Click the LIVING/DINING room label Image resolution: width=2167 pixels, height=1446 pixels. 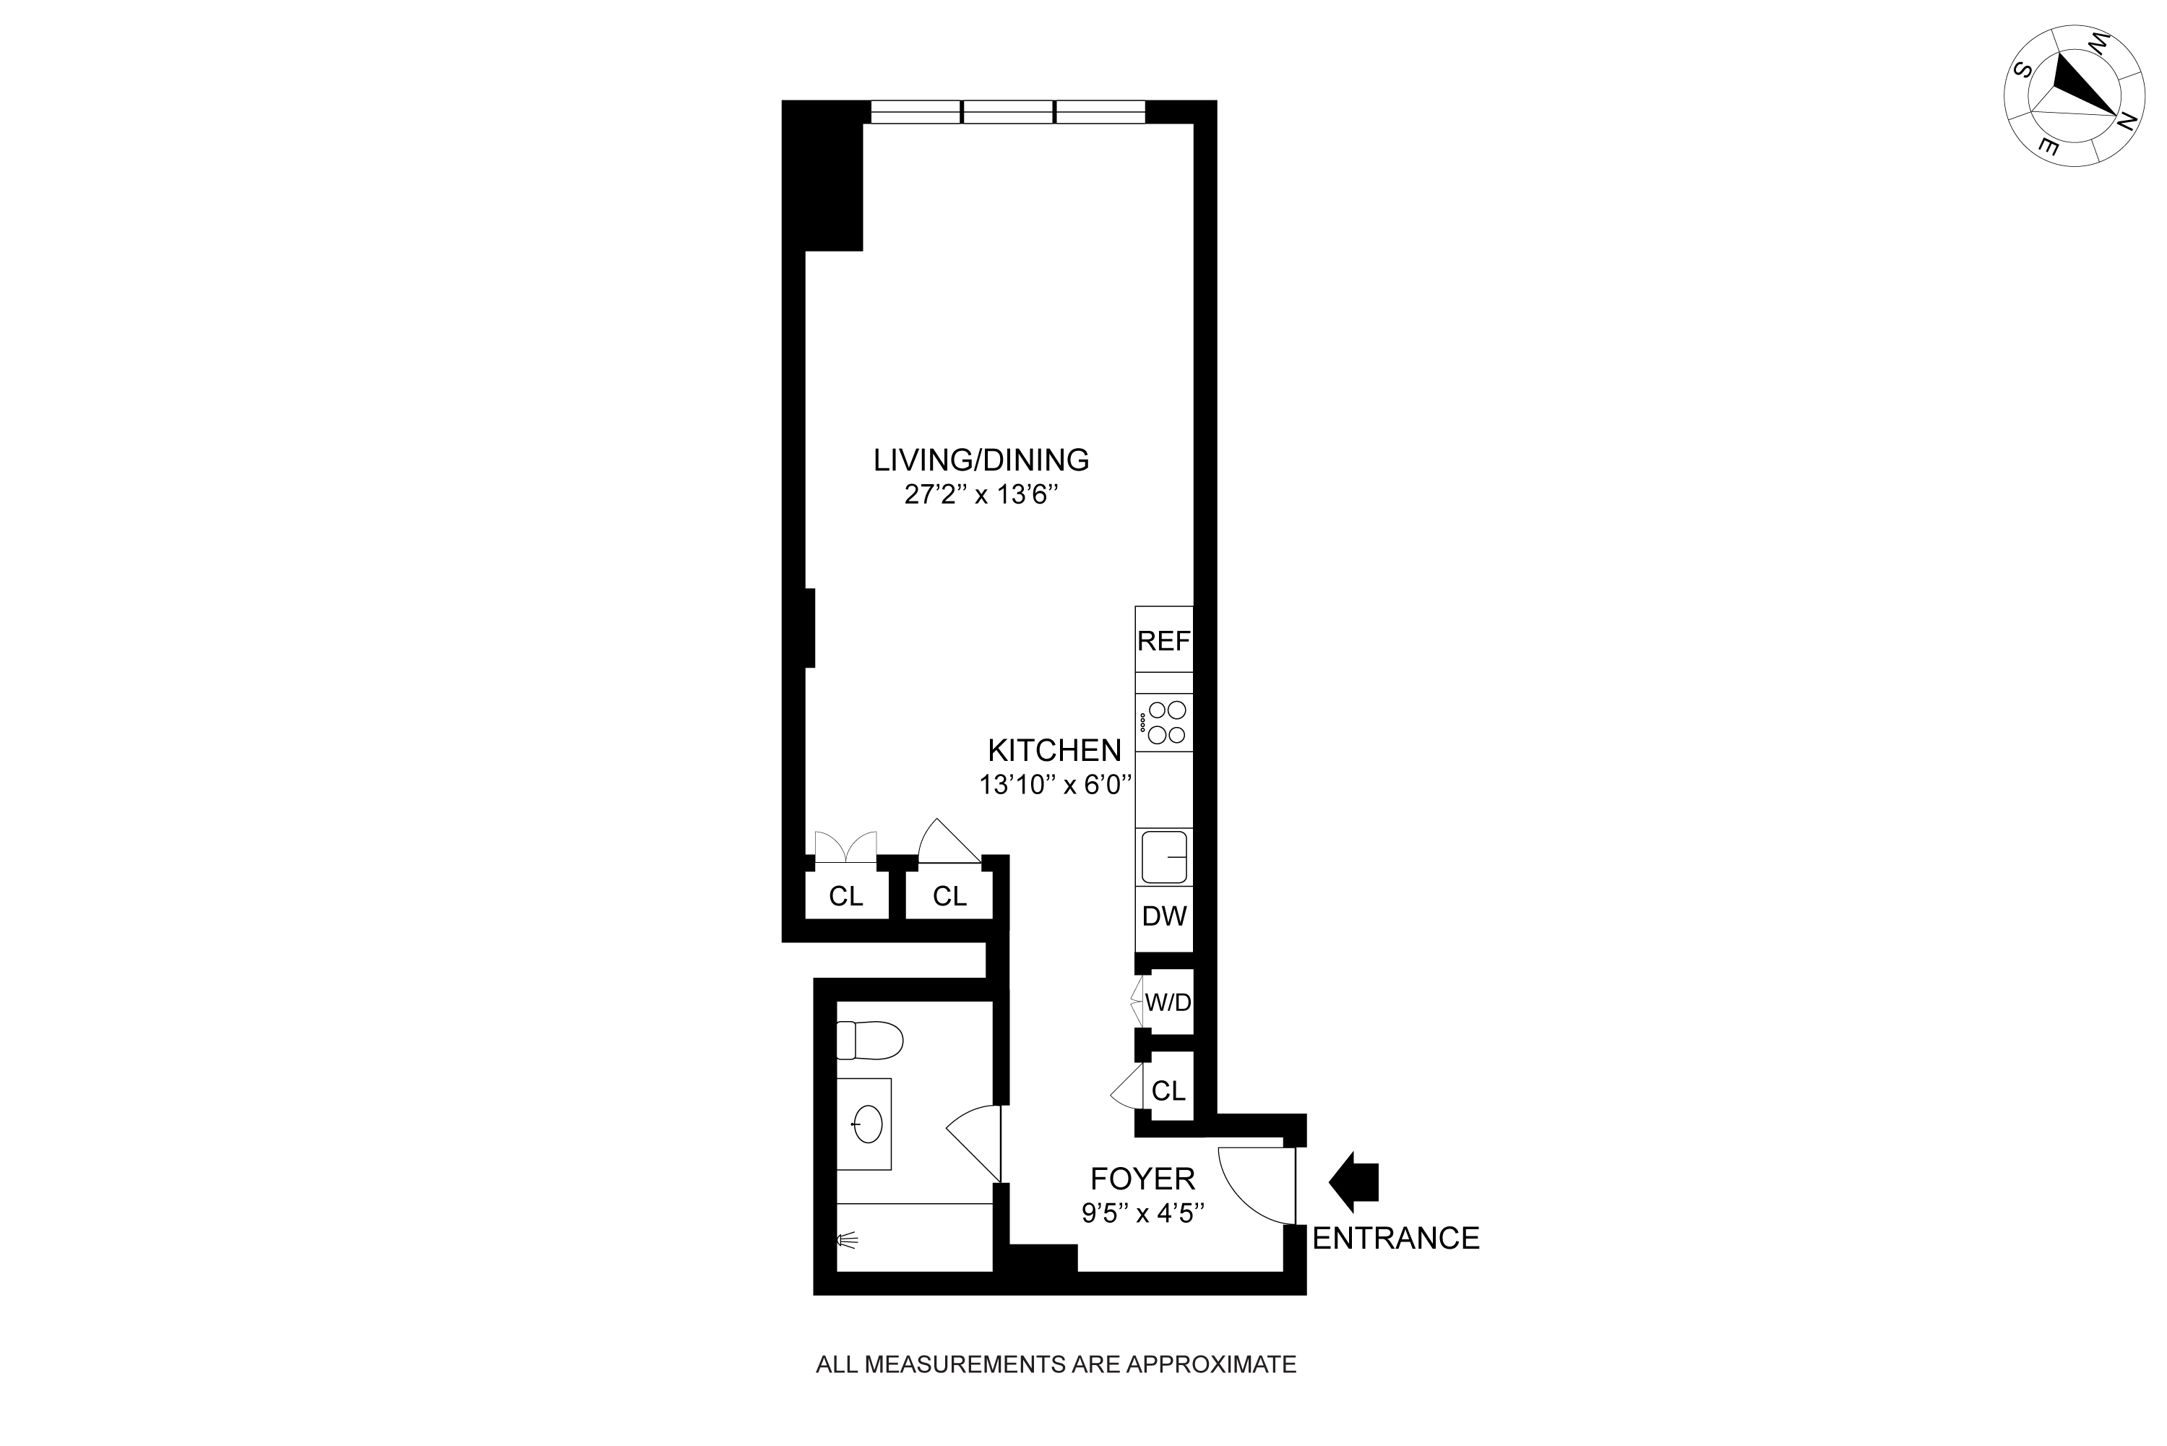[981, 460]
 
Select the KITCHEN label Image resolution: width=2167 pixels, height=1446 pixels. [1054, 750]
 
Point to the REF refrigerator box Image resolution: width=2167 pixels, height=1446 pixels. [1164, 641]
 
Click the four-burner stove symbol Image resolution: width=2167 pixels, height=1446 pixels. [1165, 722]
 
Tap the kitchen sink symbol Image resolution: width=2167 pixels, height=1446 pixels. [1164, 857]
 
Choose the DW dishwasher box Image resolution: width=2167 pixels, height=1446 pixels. [1164, 916]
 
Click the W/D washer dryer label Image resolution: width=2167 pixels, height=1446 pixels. [1168, 1002]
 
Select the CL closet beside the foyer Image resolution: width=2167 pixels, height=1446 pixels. [1168, 1091]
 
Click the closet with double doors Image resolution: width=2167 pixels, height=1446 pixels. [845, 895]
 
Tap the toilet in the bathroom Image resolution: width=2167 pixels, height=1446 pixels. [869, 1040]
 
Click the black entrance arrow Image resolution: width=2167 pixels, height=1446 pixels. [1353, 1182]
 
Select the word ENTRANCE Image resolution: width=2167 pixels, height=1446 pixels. [1395, 1239]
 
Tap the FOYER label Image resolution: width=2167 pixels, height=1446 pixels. [1142, 1179]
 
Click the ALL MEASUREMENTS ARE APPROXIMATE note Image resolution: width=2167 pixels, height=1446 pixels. [1056, 1364]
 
